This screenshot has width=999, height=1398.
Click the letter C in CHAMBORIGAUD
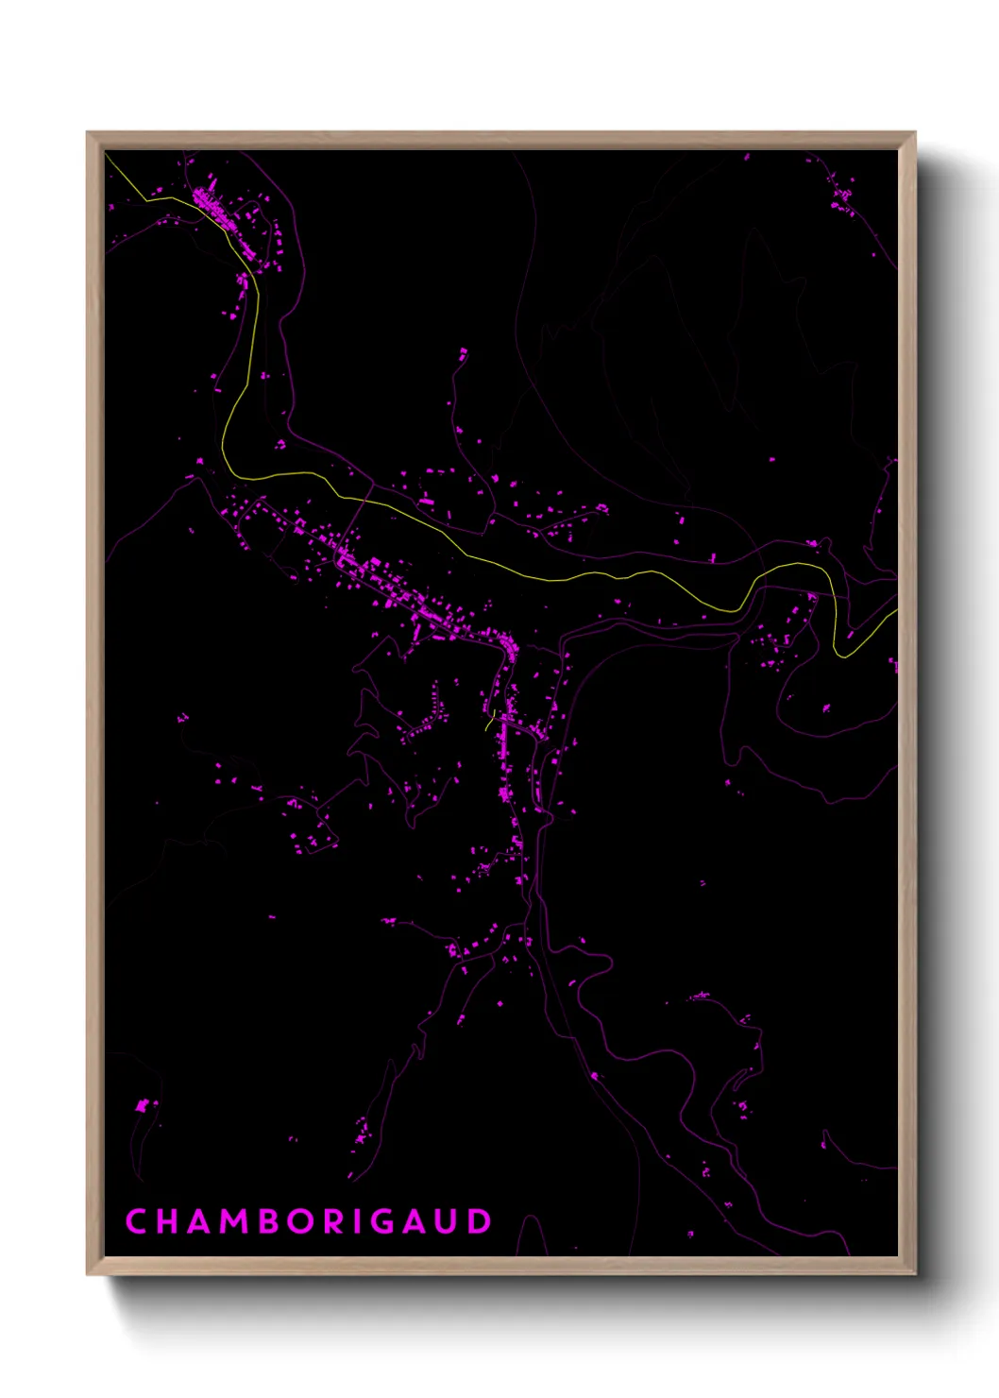136,1221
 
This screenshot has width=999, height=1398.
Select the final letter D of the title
480,1221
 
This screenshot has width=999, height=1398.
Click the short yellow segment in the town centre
490,721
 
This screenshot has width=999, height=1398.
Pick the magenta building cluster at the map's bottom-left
144,1104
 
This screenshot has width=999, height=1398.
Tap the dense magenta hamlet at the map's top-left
212,208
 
